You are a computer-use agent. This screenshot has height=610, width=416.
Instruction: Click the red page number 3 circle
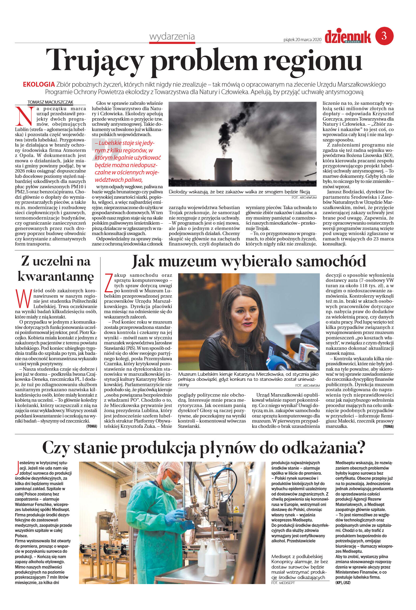point(384,36)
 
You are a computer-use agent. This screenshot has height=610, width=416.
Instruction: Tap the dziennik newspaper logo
point(348,37)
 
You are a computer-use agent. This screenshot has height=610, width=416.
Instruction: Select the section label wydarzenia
point(172,36)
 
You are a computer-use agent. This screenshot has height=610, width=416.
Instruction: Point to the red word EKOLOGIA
point(39,85)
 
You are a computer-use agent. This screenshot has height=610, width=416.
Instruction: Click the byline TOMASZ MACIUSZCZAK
point(50,102)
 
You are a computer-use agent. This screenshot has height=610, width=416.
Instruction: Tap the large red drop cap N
point(25,116)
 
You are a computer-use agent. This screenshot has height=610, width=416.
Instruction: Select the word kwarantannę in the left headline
point(56,277)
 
